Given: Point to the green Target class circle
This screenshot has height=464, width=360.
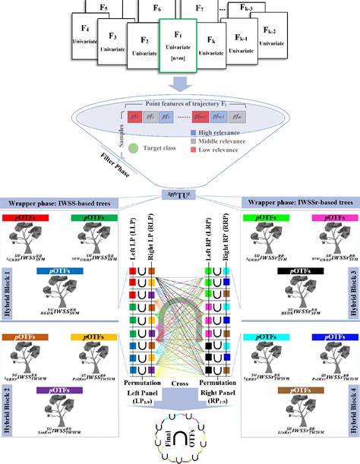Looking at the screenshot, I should (x=134, y=150).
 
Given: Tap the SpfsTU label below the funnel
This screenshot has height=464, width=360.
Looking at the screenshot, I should (x=180, y=195).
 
